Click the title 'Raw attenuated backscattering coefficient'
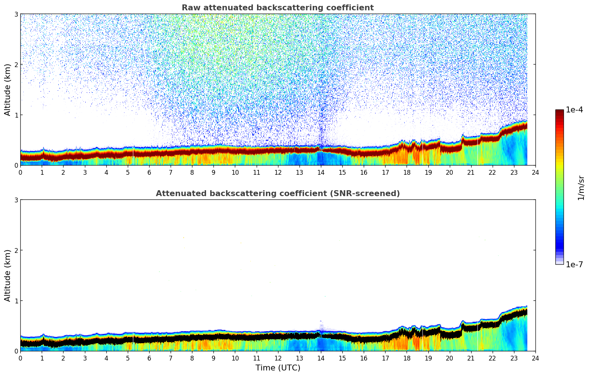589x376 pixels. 277,8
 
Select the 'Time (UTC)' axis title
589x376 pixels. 278,368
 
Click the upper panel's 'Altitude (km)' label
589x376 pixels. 8,90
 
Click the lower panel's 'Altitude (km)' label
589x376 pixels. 8,275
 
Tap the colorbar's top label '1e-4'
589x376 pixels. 575,110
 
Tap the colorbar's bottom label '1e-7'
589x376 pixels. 575,265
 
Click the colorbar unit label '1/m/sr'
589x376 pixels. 581,188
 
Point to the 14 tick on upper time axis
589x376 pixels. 321,172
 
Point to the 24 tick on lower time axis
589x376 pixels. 535,358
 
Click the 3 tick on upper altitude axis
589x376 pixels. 16,14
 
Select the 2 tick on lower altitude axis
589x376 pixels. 16,250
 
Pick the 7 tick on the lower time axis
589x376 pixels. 171,358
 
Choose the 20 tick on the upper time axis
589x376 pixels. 449,172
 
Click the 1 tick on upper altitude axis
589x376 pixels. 16,115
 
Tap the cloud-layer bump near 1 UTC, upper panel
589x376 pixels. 43,150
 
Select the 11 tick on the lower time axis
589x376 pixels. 256,358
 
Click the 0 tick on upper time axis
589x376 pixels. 20,172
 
